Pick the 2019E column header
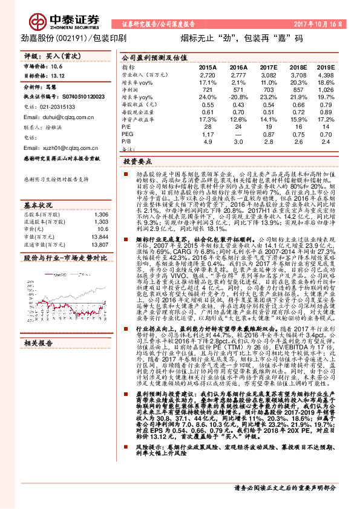point(326,68)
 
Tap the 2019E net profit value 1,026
point(326,89)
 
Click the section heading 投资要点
point(138,163)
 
